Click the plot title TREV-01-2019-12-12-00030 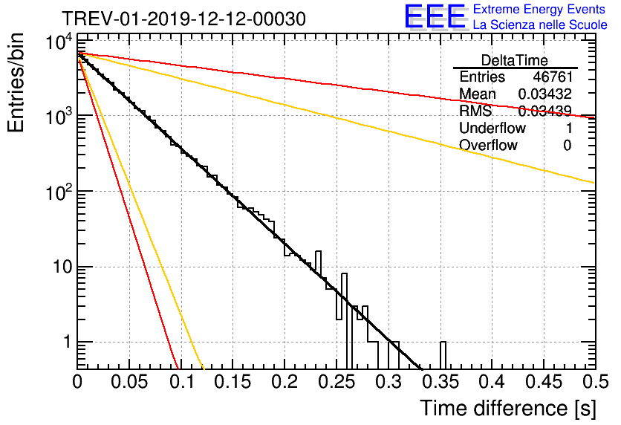183,19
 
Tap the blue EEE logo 435,16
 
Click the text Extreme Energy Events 539,9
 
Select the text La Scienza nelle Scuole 540,25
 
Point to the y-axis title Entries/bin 16,82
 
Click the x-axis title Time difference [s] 508,408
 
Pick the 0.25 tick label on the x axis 336,382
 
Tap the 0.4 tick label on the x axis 492,382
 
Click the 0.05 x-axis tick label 129,382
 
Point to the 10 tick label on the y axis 62,267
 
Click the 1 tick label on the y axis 68,342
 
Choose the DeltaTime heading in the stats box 515,60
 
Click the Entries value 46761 553,77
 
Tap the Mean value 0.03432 545,94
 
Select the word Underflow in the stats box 492,128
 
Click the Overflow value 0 568,146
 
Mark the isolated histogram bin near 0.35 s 443,355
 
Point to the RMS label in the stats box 475,111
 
